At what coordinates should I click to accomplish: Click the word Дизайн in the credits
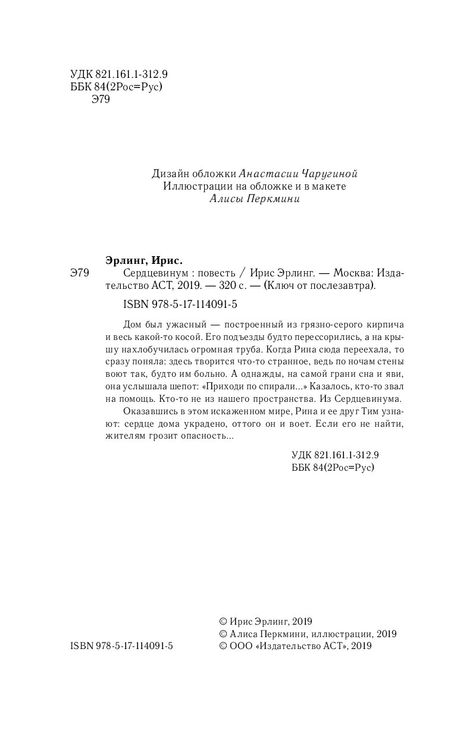pos(170,174)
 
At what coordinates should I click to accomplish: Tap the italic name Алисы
pos(226,200)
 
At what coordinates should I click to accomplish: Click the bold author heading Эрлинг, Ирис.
pos(143,260)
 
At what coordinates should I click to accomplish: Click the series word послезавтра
pos(346,286)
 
